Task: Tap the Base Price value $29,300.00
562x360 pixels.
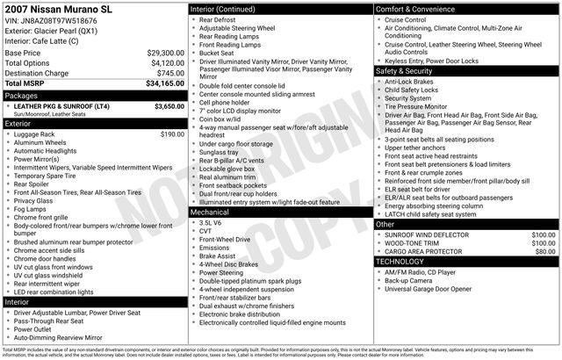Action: click(x=164, y=53)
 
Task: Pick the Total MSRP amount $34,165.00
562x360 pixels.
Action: click(x=164, y=83)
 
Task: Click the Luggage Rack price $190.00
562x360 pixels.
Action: click(x=173, y=134)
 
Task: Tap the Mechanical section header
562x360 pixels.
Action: click(x=210, y=212)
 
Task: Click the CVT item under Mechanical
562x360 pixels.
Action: click(x=205, y=231)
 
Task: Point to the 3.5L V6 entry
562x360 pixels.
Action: click(x=211, y=222)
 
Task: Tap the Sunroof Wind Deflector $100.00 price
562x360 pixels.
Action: click(x=543, y=235)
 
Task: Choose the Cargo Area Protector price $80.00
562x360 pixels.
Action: click(x=545, y=251)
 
